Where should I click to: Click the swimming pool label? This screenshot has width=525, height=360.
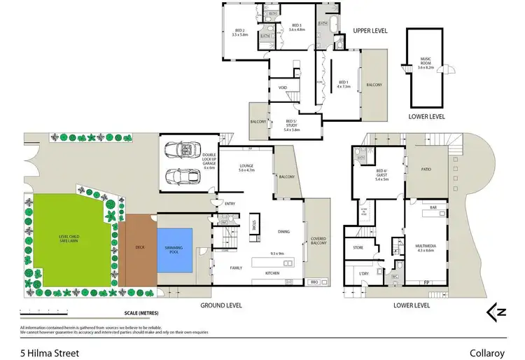click(x=175, y=248)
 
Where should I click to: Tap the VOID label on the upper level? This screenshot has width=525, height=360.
click(x=283, y=88)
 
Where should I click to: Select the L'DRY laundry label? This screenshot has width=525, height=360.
click(x=363, y=272)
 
